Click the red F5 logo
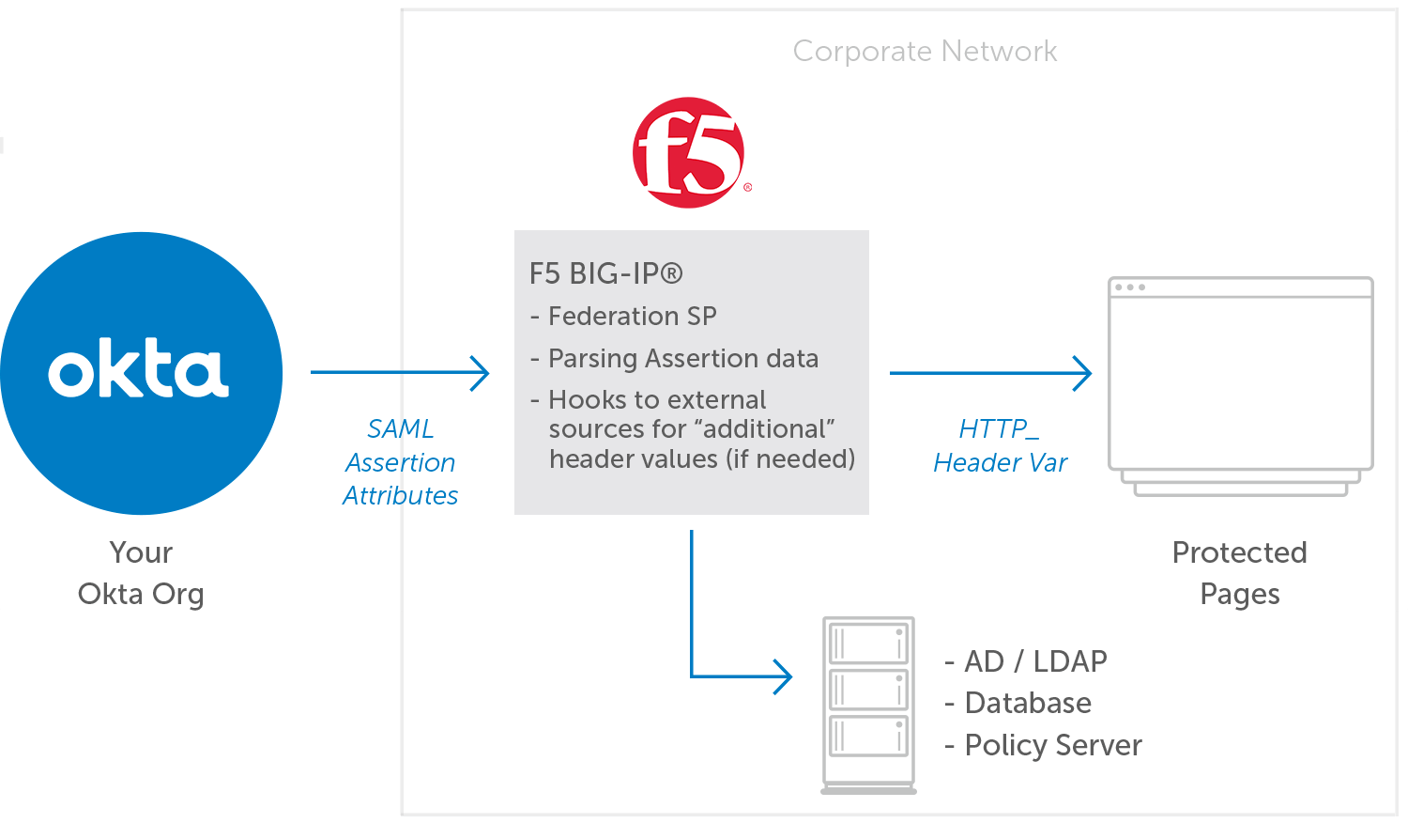689,152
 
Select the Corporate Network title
925,51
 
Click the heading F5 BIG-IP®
606,273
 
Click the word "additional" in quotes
768,429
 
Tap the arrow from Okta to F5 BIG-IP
400,373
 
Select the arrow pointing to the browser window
990,373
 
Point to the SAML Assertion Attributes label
401,462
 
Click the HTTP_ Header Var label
1001,446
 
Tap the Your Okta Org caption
141,573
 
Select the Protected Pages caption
1239,573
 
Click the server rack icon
868,705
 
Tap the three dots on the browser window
1130,287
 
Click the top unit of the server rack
868,644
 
